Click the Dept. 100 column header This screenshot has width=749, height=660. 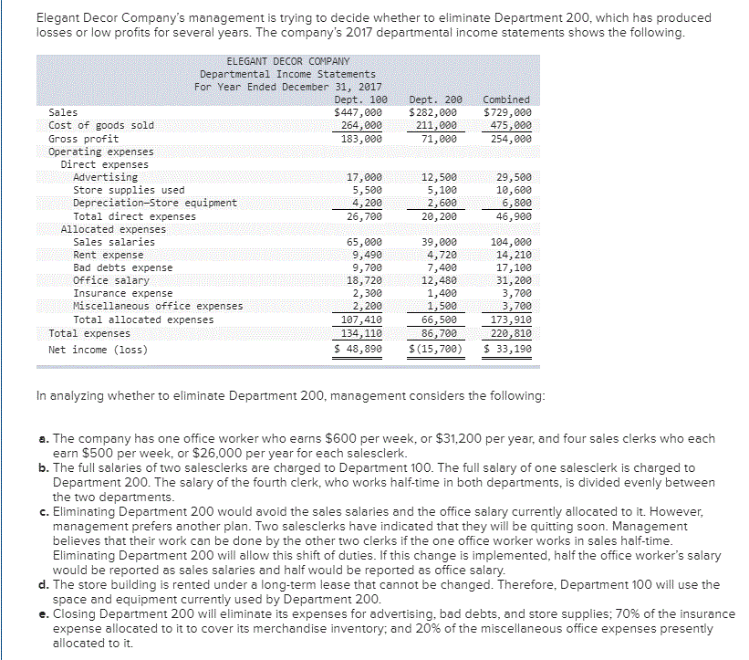click(360, 99)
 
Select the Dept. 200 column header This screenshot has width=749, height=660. click(437, 99)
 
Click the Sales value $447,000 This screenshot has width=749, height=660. click(359, 111)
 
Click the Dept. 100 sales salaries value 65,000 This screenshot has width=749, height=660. click(365, 242)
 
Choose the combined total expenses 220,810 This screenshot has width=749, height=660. click(511, 334)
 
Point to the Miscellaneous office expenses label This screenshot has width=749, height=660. click(157, 306)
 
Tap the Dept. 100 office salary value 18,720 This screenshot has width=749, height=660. click(365, 280)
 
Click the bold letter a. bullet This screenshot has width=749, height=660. click(42, 439)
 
